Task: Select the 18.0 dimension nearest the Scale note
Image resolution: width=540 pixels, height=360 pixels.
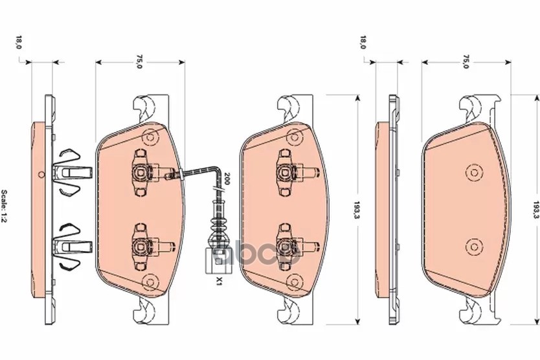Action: coord(19,44)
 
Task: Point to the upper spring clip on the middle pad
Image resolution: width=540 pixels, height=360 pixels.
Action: coord(287,170)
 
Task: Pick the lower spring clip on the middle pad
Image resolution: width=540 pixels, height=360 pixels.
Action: coord(287,245)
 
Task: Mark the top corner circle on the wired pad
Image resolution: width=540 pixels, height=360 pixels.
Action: coord(152,138)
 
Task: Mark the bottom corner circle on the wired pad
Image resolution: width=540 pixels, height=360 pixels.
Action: coord(152,281)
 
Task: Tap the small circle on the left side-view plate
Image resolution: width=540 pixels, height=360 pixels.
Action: coord(41,173)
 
